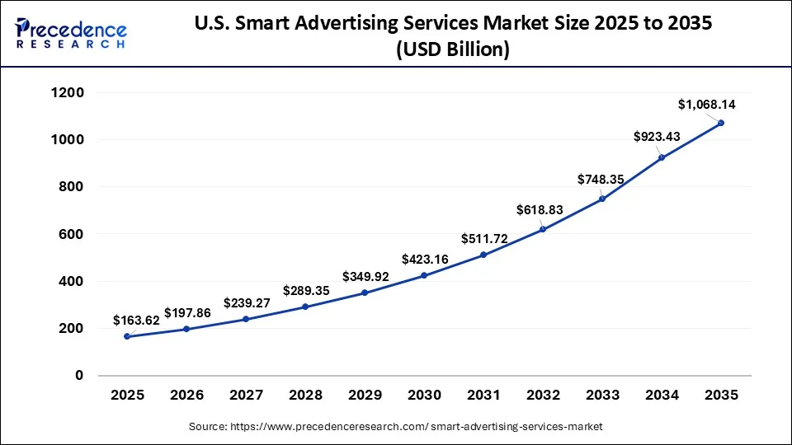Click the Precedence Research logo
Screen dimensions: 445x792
coord(71,34)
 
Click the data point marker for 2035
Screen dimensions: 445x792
coord(721,123)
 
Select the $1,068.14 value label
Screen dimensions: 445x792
coord(707,105)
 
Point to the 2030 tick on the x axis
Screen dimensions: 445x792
coord(424,396)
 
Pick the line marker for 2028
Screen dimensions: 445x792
coord(305,307)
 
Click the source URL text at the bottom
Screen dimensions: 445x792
coord(396,426)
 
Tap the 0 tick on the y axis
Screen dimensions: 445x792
coord(79,376)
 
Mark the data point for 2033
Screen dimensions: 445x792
coord(602,199)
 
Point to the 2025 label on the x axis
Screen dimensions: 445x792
coord(127,396)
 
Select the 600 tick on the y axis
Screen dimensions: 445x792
coord(72,235)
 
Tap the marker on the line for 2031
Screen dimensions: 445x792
coord(483,255)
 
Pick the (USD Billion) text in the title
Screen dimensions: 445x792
coord(453,49)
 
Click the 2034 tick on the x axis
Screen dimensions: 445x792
coord(662,396)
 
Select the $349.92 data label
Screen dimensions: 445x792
coord(366,276)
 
